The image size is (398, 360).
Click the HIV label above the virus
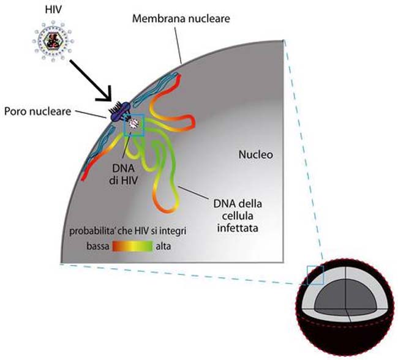(x=53, y=10)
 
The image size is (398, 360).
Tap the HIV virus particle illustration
(x=53, y=41)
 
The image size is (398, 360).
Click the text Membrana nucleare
(x=181, y=18)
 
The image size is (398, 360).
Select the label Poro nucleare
(x=37, y=111)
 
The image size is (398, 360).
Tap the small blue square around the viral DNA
(x=133, y=125)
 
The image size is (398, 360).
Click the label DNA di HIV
(x=124, y=174)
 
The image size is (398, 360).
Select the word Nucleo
(x=255, y=155)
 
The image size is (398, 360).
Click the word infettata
(x=238, y=228)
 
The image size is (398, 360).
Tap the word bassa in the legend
(x=98, y=246)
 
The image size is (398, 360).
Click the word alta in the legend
(x=163, y=246)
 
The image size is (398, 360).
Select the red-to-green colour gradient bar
(x=132, y=246)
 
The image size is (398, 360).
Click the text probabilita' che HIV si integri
(x=128, y=231)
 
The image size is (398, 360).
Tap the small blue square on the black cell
(x=315, y=275)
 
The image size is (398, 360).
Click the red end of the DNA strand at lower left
(x=84, y=177)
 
